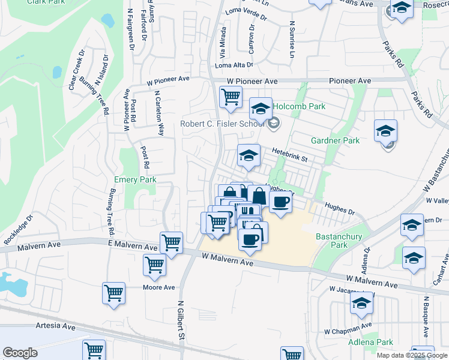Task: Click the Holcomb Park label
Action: coord(299,106)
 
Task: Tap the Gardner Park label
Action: coord(335,140)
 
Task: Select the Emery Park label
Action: coord(135,179)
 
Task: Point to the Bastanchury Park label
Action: coord(339,241)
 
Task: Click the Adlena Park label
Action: coord(370,342)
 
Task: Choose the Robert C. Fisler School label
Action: coord(222,124)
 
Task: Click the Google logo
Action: coord(20,353)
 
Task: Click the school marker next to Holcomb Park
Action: coord(261,109)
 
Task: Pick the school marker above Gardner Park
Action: coord(385,130)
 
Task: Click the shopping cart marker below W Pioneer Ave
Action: coord(231,97)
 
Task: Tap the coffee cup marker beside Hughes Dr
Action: coord(280,202)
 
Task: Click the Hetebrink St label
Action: coord(289,155)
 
